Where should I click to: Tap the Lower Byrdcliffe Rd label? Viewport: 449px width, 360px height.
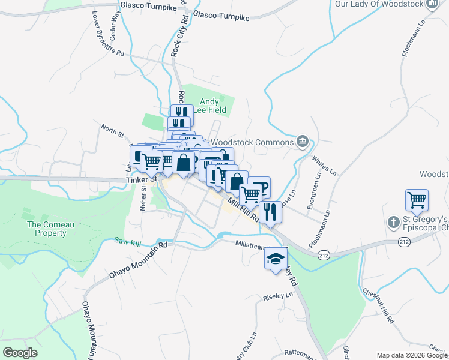[108, 35]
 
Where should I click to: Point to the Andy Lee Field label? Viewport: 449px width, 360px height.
[209, 106]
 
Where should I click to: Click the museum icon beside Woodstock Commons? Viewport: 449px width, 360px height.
[303, 142]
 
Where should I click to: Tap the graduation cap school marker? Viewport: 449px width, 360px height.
[275, 259]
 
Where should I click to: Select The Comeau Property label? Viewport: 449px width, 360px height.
[47, 229]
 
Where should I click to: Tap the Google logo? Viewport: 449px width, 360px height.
[20, 352]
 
